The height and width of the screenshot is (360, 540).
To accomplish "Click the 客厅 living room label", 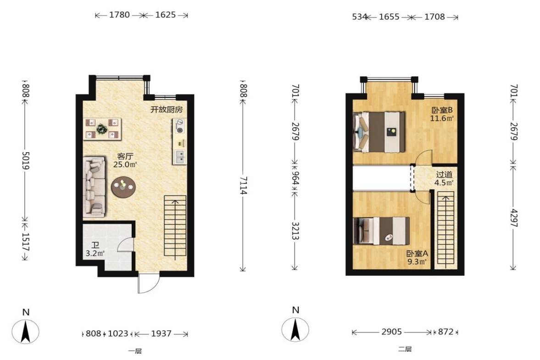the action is (125, 156).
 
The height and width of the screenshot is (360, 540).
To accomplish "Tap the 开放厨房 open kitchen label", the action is (167, 110).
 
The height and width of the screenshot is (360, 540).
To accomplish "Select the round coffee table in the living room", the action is (123, 187).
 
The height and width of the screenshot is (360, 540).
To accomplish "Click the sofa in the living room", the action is (94, 187).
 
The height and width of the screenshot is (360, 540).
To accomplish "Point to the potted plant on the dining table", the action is (102, 129).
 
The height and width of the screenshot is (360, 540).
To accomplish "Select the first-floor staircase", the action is (175, 227).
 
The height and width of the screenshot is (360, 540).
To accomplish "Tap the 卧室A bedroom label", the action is (417, 254).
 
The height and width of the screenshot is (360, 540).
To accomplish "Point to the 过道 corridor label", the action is (444, 174).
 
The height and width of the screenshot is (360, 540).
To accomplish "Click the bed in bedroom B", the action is (379, 131).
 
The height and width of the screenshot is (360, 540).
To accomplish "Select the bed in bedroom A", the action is (382, 231).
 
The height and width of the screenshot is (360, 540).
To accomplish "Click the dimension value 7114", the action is (244, 186).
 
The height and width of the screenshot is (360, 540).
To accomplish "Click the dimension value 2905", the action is (391, 332).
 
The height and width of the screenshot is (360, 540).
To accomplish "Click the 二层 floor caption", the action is (405, 349).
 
